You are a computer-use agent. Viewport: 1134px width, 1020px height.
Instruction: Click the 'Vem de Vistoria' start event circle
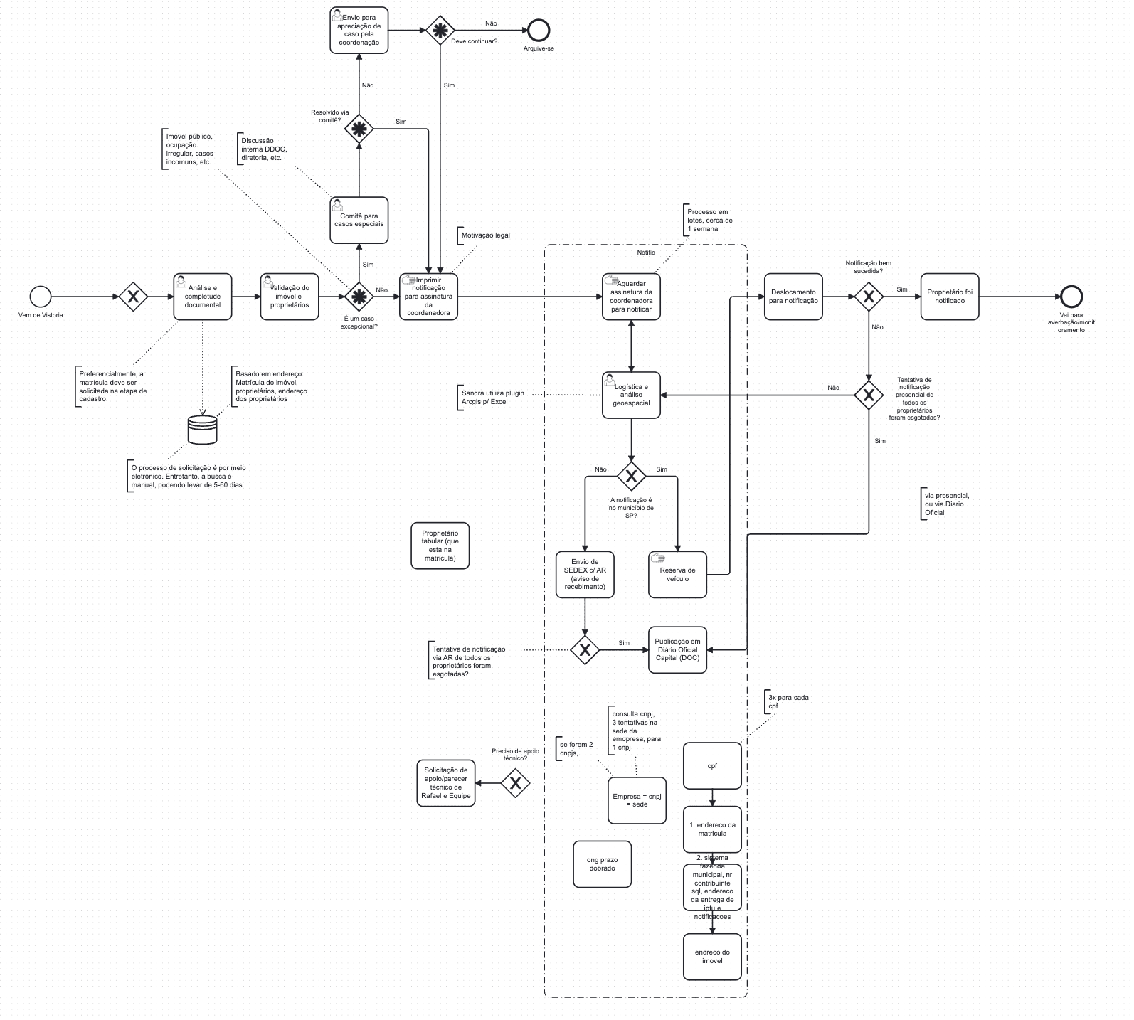click(41, 297)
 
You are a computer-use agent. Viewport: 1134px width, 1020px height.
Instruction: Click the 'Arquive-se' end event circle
click(539, 30)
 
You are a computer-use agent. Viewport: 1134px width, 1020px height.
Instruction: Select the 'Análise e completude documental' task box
click(203, 297)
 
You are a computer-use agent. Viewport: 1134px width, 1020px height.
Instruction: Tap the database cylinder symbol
click(203, 430)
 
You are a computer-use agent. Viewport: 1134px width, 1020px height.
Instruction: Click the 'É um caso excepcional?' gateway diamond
click(359, 297)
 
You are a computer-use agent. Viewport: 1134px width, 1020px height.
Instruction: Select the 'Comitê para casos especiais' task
click(359, 221)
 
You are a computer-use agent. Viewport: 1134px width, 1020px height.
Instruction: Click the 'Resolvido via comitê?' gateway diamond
click(359, 129)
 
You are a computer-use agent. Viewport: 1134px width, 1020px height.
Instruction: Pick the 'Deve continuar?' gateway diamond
click(440, 30)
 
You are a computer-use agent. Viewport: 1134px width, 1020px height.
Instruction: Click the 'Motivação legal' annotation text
click(485, 235)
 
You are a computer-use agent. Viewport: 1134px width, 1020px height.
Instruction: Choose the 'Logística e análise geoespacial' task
click(631, 395)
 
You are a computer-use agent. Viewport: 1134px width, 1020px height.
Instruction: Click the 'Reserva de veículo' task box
click(677, 574)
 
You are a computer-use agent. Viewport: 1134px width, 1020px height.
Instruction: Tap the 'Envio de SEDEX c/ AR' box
click(585, 574)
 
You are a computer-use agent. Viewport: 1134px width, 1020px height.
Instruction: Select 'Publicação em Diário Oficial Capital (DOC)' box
click(677, 649)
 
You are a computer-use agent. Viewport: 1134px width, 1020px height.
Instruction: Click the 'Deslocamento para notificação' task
click(793, 297)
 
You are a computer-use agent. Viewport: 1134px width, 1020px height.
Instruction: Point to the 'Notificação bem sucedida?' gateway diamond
click(869, 297)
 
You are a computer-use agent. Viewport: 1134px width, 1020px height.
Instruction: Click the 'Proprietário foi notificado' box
click(950, 297)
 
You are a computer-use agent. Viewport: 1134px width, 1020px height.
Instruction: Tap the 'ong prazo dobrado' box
click(602, 864)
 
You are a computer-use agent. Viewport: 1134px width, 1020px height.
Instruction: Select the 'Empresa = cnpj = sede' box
click(637, 800)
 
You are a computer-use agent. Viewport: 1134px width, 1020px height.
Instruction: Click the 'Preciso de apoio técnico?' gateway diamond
click(516, 783)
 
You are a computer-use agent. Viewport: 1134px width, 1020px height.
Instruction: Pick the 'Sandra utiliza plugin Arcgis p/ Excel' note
click(492, 397)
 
